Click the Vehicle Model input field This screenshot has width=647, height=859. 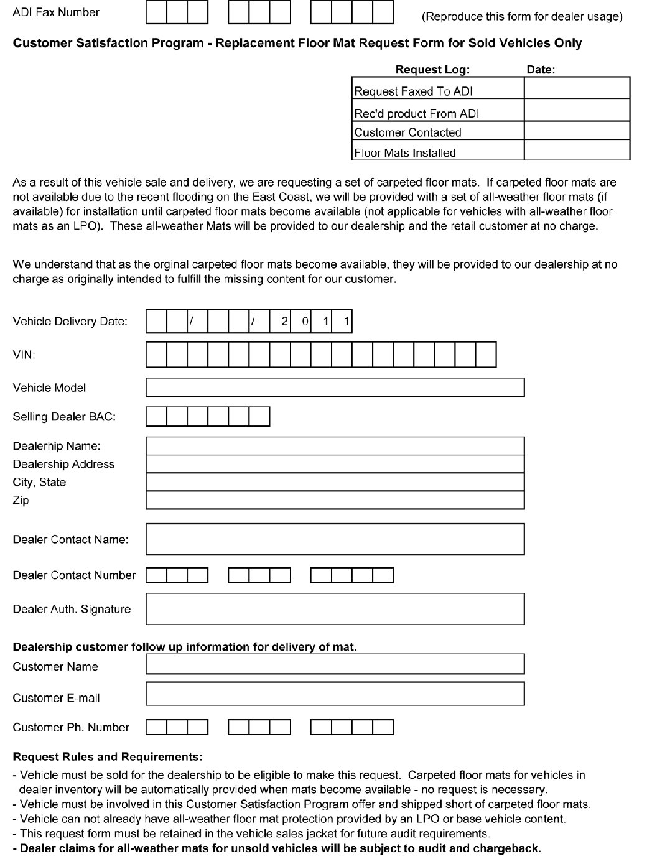coord(335,388)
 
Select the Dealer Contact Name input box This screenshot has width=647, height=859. coord(335,539)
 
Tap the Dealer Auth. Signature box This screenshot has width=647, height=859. coord(335,609)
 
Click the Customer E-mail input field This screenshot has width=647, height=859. coord(335,694)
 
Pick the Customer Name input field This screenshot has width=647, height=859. coord(335,664)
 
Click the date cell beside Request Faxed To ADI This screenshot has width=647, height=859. coord(577,88)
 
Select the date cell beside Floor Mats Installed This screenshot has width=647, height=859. coord(577,151)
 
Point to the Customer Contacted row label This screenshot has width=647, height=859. coord(407,132)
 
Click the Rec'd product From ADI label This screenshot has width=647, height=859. coord(416,114)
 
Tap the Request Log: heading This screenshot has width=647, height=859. coord(432,70)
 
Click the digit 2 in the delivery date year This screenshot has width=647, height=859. coord(284,322)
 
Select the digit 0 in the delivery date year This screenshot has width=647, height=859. coord(305,322)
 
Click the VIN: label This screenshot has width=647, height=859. coord(24,355)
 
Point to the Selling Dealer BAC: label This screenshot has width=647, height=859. coord(64,417)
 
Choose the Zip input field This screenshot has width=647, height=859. coord(335,500)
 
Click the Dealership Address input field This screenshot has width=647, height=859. coord(335,464)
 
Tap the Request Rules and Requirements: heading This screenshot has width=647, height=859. coord(107,757)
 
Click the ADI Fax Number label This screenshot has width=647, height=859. coord(55,12)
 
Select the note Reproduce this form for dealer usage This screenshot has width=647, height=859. coord(522,17)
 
